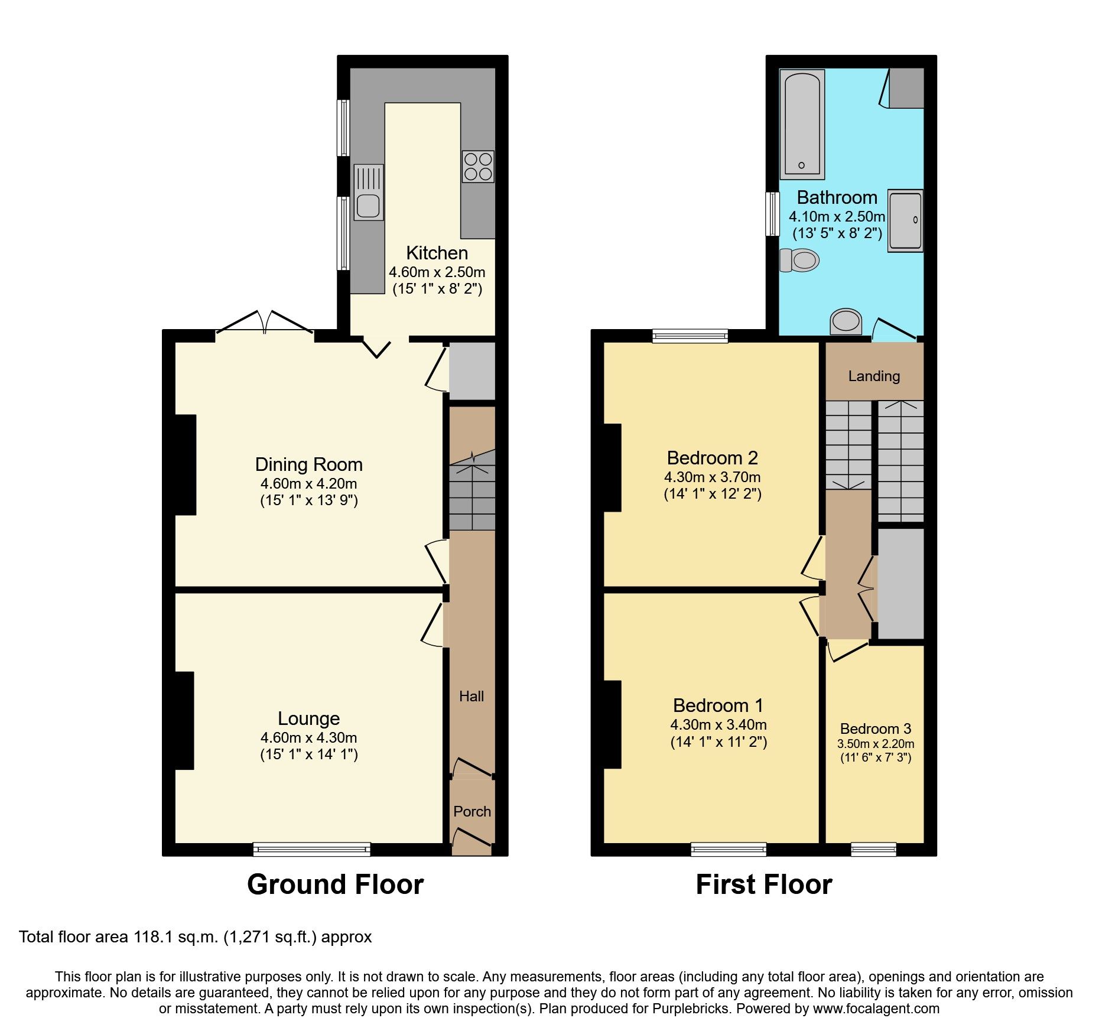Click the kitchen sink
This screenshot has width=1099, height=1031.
point(369,193)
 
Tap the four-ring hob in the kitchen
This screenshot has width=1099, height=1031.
point(478,166)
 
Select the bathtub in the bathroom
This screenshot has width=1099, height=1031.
point(802,125)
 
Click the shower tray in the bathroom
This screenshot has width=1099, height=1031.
point(905,221)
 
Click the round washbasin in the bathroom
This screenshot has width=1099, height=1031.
point(846,321)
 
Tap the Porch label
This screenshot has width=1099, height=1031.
point(472,811)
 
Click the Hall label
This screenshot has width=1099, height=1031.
point(472,697)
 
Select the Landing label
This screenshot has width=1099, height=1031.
point(874,376)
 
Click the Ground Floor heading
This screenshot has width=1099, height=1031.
point(335,884)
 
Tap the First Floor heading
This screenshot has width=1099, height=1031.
point(763,884)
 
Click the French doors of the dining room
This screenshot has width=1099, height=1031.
point(264,323)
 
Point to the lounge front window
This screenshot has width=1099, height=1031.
point(312,850)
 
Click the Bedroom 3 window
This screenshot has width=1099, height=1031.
point(873,850)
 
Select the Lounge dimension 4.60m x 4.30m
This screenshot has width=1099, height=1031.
point(308,738)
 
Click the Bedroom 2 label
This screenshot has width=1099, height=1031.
point(712,458)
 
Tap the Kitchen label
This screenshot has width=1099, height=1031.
point(437,253)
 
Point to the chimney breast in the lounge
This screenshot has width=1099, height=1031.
point(184,720)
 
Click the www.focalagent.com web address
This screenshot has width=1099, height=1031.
point(876,1009)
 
